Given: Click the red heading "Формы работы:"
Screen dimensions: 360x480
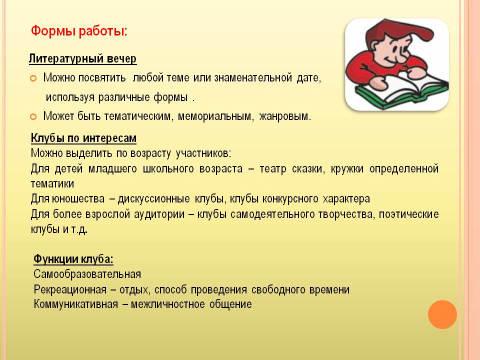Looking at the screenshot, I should point(79,31).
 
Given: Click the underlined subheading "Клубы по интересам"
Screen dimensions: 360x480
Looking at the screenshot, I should point(84,138).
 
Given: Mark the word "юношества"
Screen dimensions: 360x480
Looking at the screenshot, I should point(78,198).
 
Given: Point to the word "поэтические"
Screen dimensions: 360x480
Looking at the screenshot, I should point(409,214).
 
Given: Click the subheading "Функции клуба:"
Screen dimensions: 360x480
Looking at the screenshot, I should point(73,259).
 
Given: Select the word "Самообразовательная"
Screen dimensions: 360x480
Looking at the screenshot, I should point(87,274).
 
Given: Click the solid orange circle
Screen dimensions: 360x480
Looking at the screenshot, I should point(442,314).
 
